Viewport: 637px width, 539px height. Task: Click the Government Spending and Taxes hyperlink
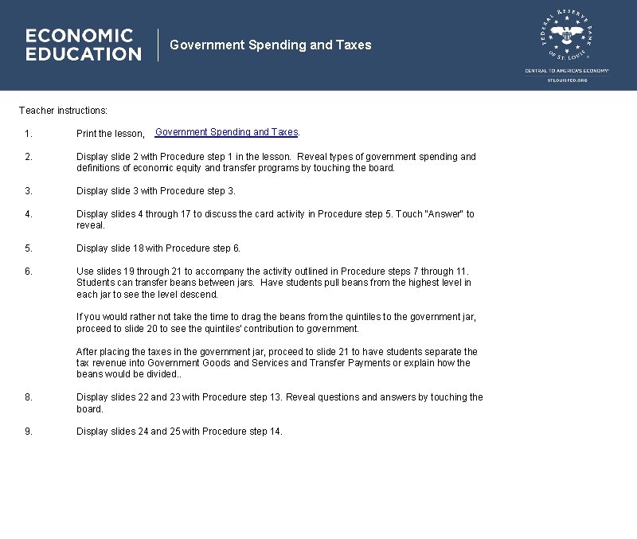tap(226, 132)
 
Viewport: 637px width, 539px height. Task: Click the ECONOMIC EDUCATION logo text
tap(83, 45)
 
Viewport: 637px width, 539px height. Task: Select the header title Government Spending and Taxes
tap(271, 45)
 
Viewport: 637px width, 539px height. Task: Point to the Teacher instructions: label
tap(63, 111)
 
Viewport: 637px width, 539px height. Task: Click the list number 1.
tap(28, 134)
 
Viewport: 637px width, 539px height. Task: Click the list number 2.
tap(28, 157)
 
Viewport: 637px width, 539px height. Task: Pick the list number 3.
tap(28, 191)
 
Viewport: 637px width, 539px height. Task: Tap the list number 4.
tap(28, 214)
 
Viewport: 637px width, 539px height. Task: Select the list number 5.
tap(28, 248)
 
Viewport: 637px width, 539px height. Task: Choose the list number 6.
tap(28, 271)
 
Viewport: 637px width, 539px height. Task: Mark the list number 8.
tap(28, 397)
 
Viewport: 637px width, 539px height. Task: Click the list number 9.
tap(28, 432)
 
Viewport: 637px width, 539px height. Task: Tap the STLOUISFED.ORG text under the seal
tap(567, 80)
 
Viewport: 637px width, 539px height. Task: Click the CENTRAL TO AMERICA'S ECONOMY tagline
tap(567, 71)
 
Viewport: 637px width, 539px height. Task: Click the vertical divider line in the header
tap(158, 45)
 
